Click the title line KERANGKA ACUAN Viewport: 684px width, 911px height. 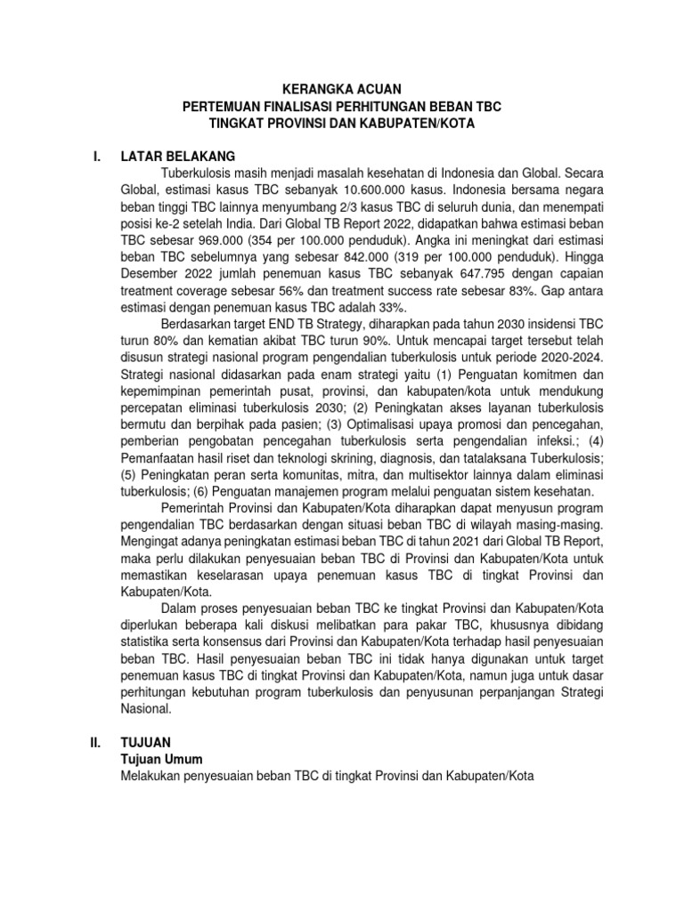(342, 89)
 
